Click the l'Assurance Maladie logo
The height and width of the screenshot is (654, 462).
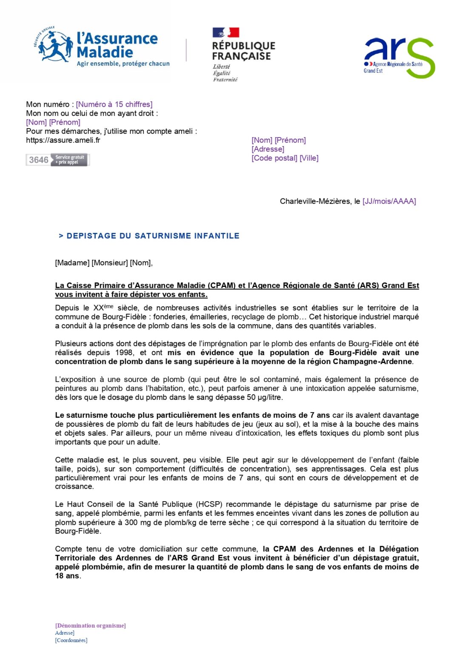pos(102,48)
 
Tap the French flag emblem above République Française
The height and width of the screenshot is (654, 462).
pos(225,33)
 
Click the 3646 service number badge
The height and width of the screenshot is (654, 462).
pos(57,160)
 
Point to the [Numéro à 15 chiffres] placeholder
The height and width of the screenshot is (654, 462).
pos(114,104)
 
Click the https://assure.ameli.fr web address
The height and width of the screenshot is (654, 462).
pos(63,140)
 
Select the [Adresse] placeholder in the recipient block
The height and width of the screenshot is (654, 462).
pos(268,149)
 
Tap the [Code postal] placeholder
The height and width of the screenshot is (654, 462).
pos(274,158)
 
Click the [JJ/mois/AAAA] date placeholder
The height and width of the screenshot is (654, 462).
pos(389,201)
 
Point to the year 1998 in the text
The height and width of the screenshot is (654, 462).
pos(124,353)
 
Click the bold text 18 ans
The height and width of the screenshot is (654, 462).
pos(67,576)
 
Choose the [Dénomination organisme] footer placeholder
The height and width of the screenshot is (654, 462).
pos(90,625)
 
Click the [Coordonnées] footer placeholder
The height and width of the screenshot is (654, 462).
pos(71,640)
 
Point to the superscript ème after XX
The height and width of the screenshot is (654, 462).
pos(108,306)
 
